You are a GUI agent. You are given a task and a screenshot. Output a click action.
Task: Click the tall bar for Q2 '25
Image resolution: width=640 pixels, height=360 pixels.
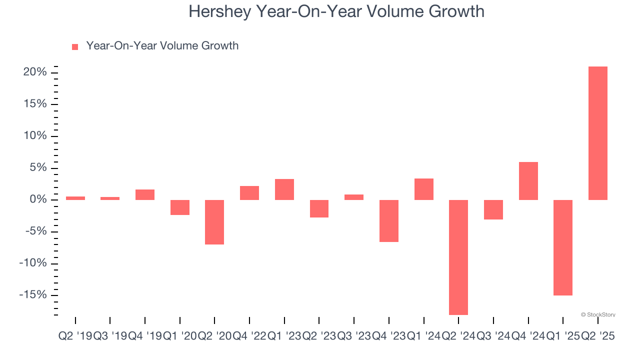[x=597, y=133]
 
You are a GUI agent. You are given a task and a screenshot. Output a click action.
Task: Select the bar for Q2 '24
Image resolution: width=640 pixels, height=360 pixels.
[x=458, y=257]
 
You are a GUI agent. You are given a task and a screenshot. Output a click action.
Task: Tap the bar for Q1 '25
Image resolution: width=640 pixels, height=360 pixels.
[x=562, y=247]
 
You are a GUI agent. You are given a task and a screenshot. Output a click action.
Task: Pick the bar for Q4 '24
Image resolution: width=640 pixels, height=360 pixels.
[x=528, y=181]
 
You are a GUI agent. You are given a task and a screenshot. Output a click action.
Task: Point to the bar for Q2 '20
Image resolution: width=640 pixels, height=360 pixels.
[x=214, y=222]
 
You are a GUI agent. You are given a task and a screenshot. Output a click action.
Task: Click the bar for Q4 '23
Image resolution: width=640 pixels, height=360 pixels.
[x=388, y=221]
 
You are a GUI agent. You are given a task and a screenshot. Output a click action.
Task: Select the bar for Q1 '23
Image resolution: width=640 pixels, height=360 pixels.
[x=284, y=189]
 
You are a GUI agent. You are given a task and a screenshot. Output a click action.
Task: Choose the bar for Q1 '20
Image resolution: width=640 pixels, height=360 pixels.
[x=179, y=207]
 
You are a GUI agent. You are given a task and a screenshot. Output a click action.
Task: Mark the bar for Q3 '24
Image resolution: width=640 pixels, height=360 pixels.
[x=493, y=209]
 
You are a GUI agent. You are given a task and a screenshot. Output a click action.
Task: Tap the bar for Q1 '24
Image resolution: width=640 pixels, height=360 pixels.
[x=423, y=189]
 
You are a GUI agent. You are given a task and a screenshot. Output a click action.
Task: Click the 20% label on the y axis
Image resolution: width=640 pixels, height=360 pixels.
[x=34, y=72]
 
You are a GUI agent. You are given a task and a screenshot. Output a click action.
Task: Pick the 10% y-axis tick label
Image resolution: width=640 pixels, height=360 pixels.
[x=34, y=136]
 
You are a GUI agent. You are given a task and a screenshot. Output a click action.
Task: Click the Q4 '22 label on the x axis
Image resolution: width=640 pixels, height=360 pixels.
[x=249, y=336]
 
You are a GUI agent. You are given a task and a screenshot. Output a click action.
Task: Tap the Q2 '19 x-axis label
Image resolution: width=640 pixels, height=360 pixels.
[x=75, y=336]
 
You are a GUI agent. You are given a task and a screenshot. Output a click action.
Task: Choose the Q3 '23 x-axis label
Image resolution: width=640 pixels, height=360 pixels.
[x=353, y=336]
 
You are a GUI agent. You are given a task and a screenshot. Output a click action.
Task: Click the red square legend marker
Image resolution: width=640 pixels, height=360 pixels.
[x=75, y=47]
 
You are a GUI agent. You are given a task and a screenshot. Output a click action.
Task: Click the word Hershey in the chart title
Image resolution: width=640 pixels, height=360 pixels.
[x=220, y=11]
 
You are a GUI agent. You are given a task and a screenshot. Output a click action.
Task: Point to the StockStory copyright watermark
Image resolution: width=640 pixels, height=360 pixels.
[x=598, y=315]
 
